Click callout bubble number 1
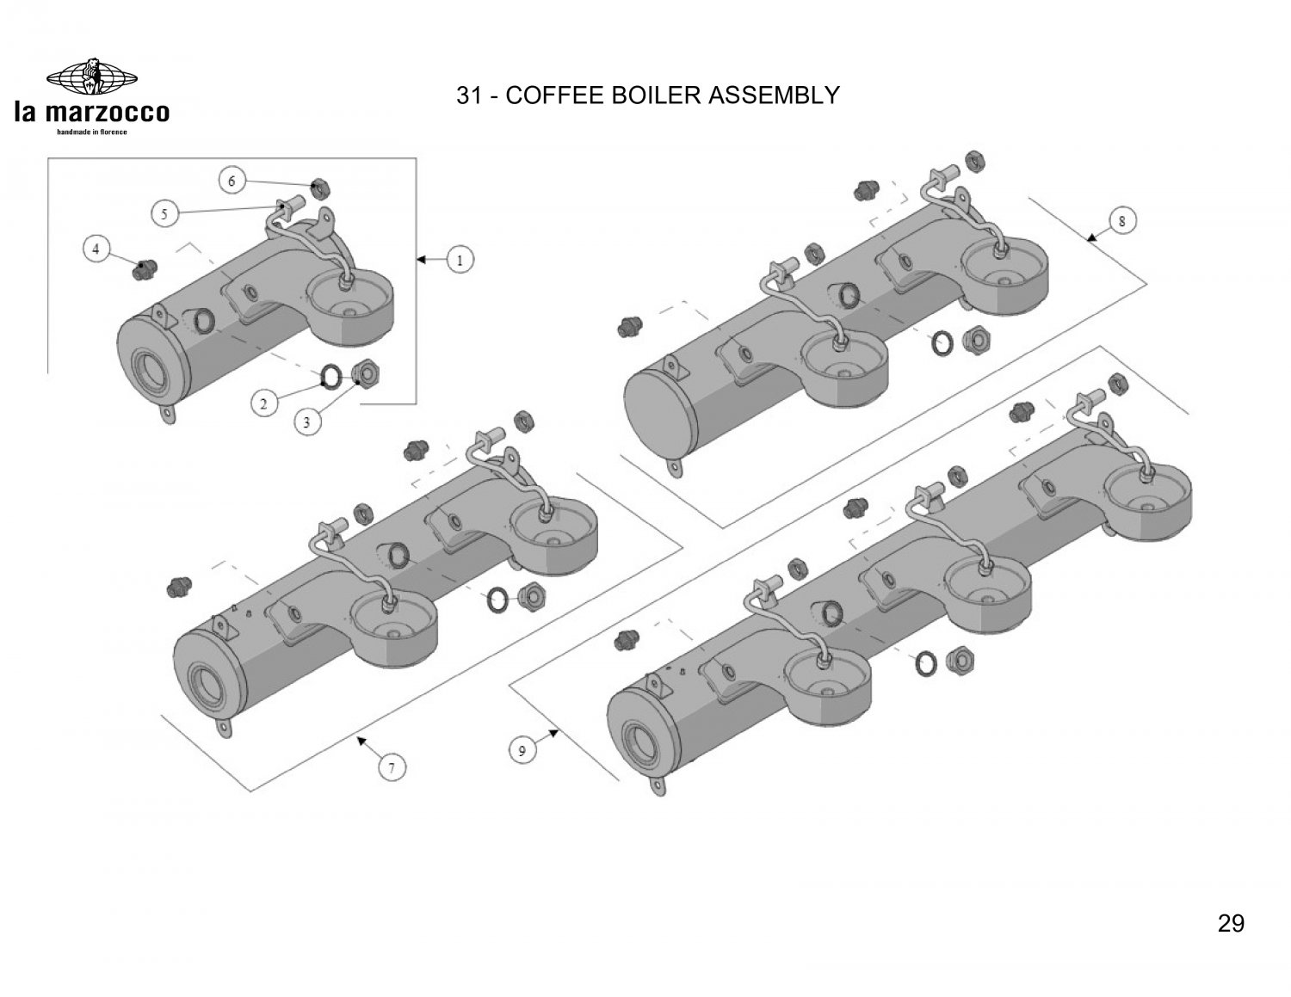click(460, 259)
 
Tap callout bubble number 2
click(265, 402)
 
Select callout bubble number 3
click(307, 421)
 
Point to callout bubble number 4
click(96, 249)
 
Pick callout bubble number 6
click(232, 182)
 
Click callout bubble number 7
click(392, 767)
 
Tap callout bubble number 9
click(522, 751)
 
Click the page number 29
click(1231, 924)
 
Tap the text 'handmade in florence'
click(92, 132)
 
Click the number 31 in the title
click(469, 95)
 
